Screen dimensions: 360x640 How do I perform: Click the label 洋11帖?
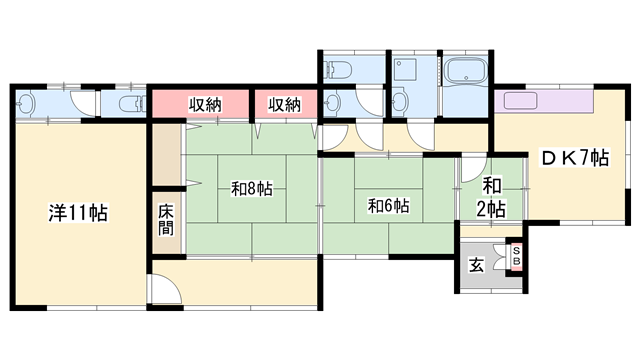(80, 212)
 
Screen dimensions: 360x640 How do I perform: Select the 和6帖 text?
(387, 206)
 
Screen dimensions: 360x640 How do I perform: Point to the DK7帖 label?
(575, 157)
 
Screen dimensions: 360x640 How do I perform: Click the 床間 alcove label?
(165, 220)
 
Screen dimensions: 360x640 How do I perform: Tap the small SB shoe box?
(516, 254)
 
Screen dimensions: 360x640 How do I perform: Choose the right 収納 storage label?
(284, 104)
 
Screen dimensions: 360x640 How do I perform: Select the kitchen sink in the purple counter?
(522, 101)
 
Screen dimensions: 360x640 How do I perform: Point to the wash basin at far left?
(27, 103)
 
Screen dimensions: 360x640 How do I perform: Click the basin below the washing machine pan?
(401, 101)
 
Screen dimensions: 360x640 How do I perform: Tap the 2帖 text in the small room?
(491, 208)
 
